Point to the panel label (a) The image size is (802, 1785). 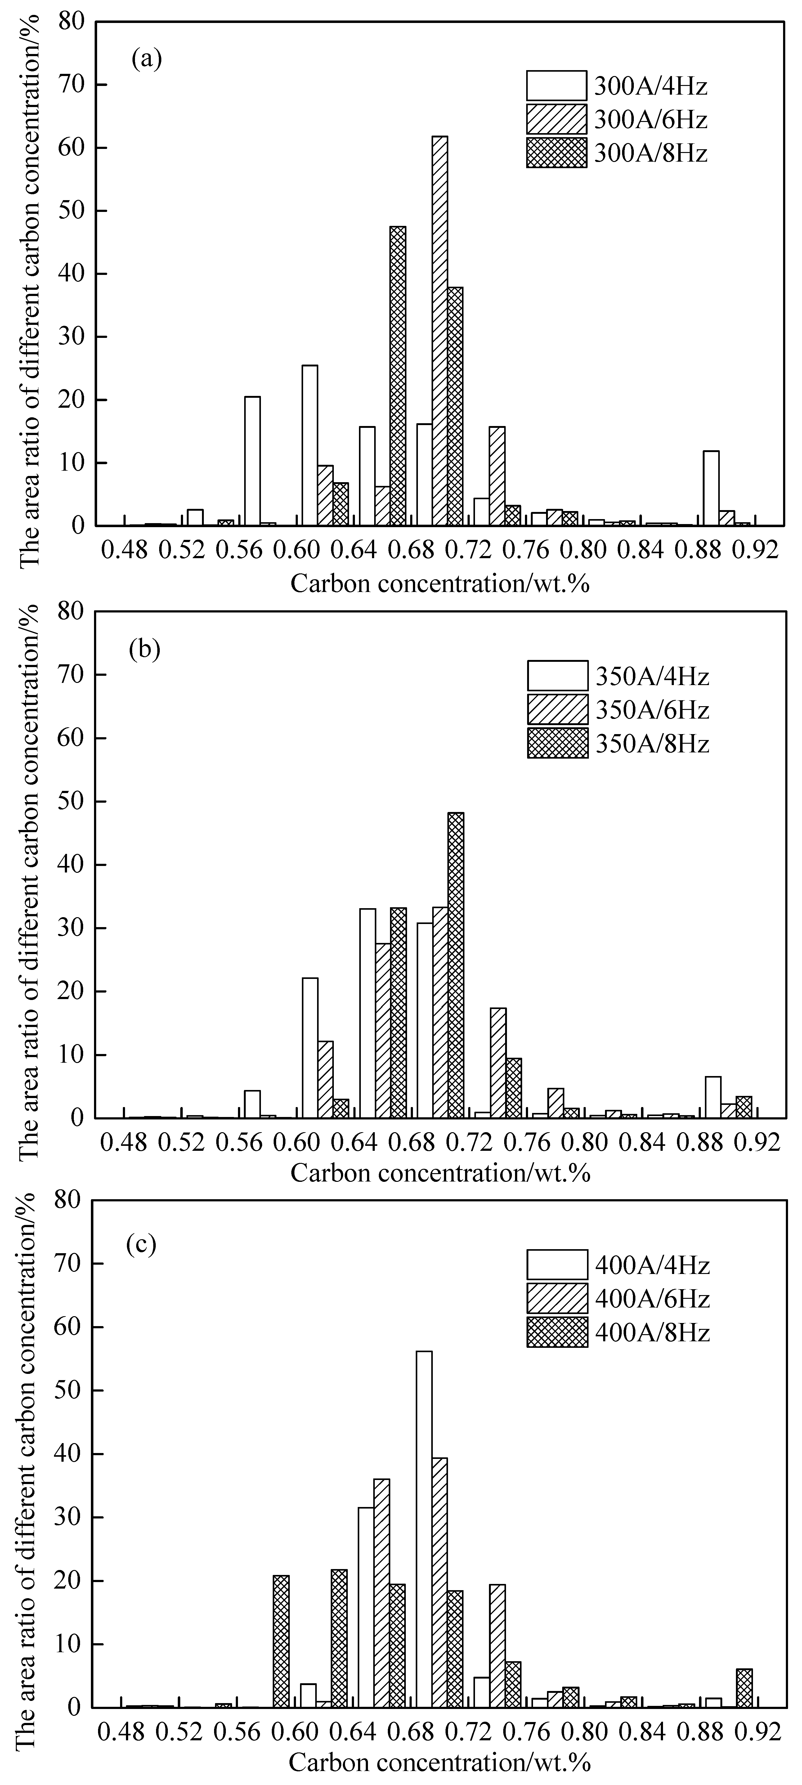coord(146,60)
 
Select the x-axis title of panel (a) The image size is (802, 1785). coord(439,583)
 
